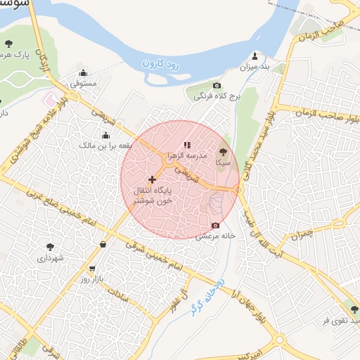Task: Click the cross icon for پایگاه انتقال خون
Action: point(152,180)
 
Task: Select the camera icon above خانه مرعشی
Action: point(215,226)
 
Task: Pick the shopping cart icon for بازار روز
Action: point(92,269)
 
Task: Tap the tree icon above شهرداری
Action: point(50,247)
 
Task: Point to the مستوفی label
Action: point(84,83)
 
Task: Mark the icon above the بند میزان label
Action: point(255,57)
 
